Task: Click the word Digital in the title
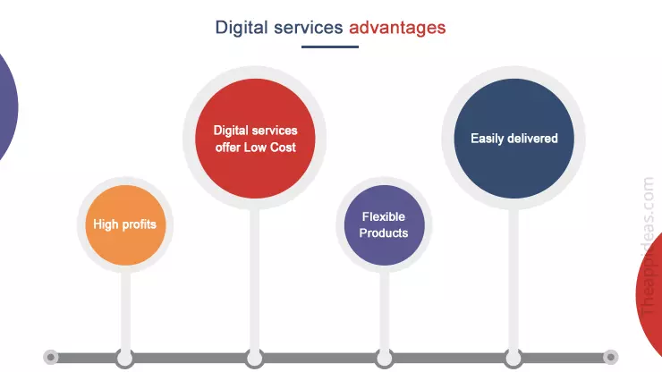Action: [241, 28]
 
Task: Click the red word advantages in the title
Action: [397, 28]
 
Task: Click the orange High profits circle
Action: [125, 224]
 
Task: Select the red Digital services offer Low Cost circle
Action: [255, 139]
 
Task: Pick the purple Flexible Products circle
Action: [384, 224]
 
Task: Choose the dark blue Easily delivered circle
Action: [513, 139]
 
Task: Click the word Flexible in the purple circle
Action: [384, 217]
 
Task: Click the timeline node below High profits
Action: [125, 358]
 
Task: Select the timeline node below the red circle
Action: [255, 358]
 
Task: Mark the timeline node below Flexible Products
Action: [384, 358]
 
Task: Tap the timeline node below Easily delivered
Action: [513, 358]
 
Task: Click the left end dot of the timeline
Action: [51, 358]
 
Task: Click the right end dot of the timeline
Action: [610, 358]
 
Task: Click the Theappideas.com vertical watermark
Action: [649, 241]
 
